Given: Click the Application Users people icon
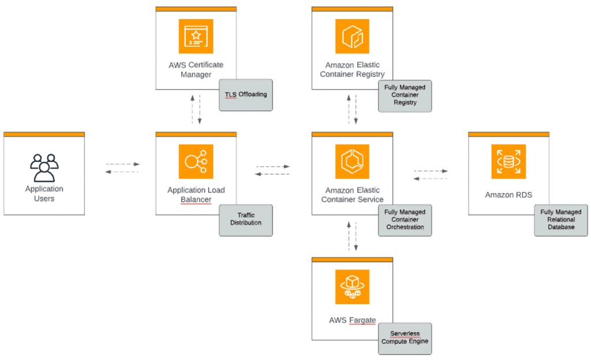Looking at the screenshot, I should pos(44,167).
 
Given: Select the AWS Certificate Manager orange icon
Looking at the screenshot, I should pos(196,36).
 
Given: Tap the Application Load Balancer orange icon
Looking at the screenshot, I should pos(196,162).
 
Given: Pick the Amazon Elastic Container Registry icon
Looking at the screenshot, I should pos(351,36).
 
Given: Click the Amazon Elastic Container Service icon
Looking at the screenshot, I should pos(351,162).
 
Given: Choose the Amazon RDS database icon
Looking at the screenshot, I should pos(508,162).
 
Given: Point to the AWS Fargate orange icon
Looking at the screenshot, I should pos(351,287).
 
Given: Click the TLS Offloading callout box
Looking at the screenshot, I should pos(245,95).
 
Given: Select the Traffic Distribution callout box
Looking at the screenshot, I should pos(245,219).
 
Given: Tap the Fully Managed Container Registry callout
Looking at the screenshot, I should pos(405,95).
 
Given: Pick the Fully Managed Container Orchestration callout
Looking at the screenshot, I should pos(405,220).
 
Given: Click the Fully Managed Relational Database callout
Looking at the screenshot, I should pos(561,220).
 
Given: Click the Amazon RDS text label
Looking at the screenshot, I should pos(508,195).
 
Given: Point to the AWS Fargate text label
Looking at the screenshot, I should pos(351,320).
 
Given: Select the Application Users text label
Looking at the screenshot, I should pos(44,193).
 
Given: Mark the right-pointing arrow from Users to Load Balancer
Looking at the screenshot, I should pos(123,164).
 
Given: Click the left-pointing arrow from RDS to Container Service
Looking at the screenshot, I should pos(431,178).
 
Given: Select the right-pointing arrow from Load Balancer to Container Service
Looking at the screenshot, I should pos(272,167).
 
